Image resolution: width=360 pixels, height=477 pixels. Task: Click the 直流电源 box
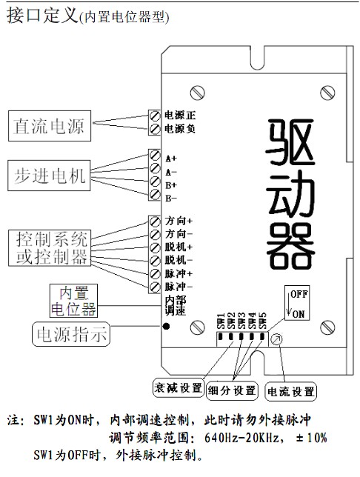pos(50,126)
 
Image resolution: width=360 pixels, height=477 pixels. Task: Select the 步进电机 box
pos(49,176)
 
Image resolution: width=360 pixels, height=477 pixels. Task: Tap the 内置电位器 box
pos(73,301)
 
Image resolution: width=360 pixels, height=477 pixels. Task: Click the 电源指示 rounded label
pos(71,334)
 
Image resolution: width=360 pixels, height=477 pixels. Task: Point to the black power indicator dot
pos(166,327)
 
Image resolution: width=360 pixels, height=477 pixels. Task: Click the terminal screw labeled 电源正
pos(156,116)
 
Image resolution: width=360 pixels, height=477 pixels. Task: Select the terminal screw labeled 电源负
pos(156,129)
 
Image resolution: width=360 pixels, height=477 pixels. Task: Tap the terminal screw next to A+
pos(156,155)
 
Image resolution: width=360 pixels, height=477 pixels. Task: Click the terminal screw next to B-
pos(156,194)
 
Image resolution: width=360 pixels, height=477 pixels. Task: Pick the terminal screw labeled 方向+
pos(156,221)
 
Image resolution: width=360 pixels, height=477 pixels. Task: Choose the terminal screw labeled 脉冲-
pos(156,287)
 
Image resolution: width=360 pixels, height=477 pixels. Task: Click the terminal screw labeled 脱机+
pos(156,247)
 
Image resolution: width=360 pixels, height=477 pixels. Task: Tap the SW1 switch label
pos(221,321)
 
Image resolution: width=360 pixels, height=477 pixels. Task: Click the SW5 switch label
pos(262,321)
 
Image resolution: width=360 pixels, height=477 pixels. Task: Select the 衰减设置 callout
pos(179,388)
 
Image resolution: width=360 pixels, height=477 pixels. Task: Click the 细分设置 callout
pos(232,390)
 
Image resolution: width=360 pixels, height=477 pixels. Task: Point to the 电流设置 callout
pos(291,391)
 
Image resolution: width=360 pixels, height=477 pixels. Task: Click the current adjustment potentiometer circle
pos(276,339)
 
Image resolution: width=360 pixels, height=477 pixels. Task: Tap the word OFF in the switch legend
pos(299,294)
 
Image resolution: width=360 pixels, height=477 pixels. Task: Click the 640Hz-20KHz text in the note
pos(241,438)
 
